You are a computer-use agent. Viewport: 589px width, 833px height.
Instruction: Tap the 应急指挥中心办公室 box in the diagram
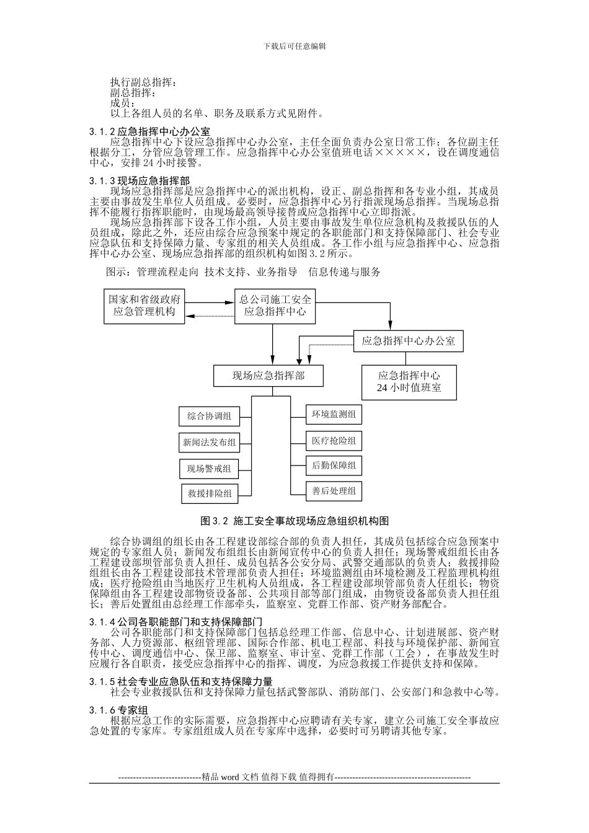point(408,341)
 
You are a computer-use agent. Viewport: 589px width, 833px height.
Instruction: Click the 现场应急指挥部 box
point(268,376)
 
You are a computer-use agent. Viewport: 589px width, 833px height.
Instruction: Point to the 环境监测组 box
point(334,415)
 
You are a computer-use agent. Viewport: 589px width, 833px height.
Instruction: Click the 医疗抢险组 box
point(334,441)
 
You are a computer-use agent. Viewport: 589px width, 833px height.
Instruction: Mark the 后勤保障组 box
point(334,465)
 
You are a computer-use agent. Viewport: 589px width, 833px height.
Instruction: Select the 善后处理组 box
point(334,491)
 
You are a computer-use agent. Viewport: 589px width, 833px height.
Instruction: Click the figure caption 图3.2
point(294,520)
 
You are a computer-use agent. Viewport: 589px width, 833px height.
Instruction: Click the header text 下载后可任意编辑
point(294,46)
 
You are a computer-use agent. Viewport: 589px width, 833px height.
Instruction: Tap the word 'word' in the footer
point(229,777)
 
